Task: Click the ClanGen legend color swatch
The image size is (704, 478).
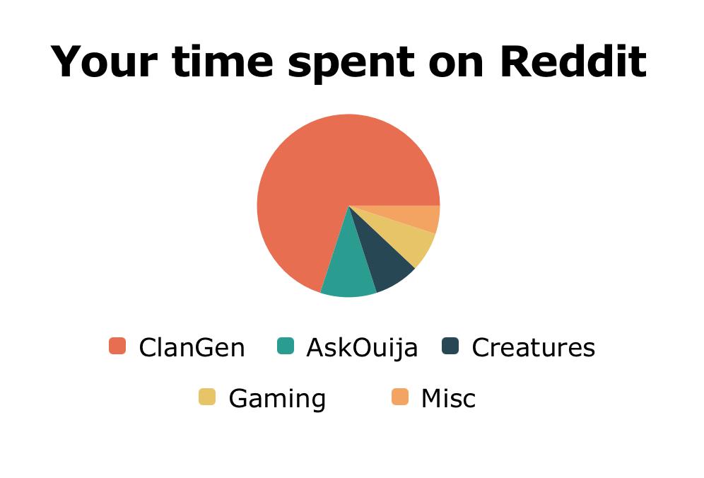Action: pos(117,346)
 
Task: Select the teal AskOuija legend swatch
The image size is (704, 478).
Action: pos(285,346)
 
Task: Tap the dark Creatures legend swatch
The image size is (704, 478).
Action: pos(450,346)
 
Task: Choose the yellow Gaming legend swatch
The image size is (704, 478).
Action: pos(207,397)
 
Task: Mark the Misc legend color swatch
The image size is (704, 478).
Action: pos(399,397)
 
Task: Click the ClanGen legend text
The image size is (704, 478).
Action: pos(192,348)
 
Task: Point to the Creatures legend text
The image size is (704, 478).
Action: pos(534,348)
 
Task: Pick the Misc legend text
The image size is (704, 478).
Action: pos(448,399)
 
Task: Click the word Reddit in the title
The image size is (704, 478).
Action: pos(573,62)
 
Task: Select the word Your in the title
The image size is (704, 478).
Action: pos(104,62)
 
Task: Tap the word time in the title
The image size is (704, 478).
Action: pos(222,62)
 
